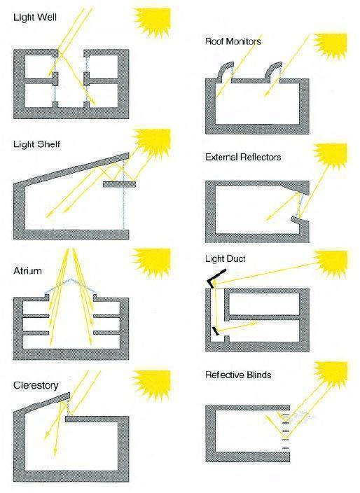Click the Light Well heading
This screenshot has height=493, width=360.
[x=35, y=17]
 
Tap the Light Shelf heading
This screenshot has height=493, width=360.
[x=36, y=144]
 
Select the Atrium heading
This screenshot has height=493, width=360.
[x=28, y=271]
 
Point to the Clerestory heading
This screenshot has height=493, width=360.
[x=36, y=385]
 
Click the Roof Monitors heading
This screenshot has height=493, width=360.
[x=233, y=41]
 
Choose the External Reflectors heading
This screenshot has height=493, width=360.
[x=243, y=157]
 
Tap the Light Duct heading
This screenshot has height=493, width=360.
[x=225, y=259]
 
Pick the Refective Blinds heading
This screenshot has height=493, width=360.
[x=238, y=375]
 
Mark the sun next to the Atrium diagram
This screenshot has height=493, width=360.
[x=153, y=262]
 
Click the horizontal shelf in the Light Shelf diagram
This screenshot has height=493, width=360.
[x=120, y=185]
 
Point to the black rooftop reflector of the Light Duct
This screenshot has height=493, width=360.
[x=215, y=279]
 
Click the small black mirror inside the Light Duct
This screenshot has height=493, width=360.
[x=216, y=331]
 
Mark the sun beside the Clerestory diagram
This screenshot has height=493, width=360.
[x=153, y=384]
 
